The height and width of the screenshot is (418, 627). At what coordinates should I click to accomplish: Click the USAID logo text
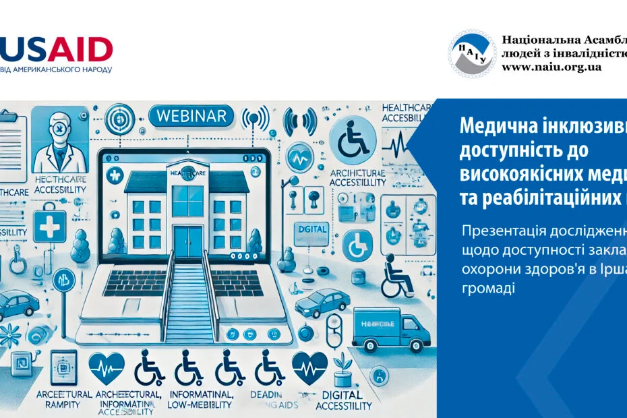click(57, 49)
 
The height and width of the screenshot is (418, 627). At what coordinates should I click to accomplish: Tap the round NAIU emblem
click(473, 53)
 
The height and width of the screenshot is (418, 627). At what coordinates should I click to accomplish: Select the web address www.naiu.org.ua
click(551, 67)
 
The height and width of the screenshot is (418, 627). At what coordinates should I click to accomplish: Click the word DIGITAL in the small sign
click(311, 229)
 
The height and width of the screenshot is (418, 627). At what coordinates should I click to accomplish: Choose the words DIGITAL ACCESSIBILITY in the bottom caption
click(342, 400)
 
